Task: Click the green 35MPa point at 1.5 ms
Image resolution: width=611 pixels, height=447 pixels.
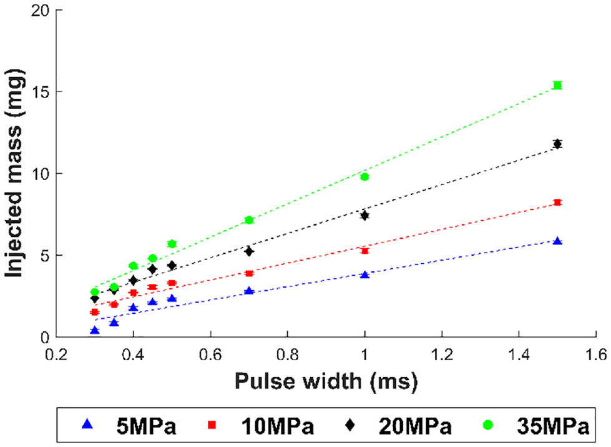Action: pos(557,85)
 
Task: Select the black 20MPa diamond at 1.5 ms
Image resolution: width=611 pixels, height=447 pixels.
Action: pos(557,144)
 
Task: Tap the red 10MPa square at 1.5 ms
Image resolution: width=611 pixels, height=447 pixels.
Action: pos(557,202)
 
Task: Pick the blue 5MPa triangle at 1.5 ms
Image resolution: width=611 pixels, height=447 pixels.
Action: pos(557,241)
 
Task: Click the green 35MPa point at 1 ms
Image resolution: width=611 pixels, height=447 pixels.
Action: pos(364,177)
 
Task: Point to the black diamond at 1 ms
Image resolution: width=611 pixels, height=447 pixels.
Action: pos(364,215)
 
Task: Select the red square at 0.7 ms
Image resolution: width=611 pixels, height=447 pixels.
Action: pos(249,273)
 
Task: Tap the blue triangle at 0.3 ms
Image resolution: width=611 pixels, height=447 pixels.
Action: pos(95,330)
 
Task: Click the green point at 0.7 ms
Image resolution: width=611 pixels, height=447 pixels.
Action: pos(249,220)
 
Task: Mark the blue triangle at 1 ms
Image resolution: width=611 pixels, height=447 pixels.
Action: pos(364,274)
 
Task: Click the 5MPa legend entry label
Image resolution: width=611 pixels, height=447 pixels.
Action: pos(146,426)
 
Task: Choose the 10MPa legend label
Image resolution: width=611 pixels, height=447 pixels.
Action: pos(278,426)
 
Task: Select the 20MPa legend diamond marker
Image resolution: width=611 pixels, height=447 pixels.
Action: pos(350,424)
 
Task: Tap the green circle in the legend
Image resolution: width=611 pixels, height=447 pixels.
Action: pos(488,424)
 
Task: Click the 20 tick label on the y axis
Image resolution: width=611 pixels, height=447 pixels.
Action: pos(41,10)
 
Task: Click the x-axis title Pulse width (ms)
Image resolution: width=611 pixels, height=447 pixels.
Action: pos(326,381)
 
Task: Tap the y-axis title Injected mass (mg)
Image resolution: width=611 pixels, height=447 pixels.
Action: pos(14,173)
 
